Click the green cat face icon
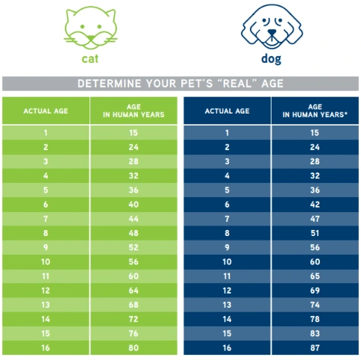(x=90, y=28)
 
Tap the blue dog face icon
(x=271, y=27)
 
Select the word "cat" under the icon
(x=90, y=59)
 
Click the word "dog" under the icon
(x=271, y=59)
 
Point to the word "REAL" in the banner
(x=237, y=84)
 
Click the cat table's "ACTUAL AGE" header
(x=45, y=111)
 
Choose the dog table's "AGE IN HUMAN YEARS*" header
(x=315, y=111)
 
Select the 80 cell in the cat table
(x=134, y=348)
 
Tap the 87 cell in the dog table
(x=315, y=348)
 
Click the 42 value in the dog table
(x=315, y=205)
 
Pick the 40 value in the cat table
(x=134, y=205)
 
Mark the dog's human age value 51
(x=315, y=233)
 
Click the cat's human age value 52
(x=134, y=247)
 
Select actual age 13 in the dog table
(x=227, y=305)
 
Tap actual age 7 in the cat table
(x=45, y=219)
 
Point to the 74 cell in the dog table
(x=315, y=305)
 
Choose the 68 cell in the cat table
(x=134, y=305)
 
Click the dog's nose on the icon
(x=272, y=33)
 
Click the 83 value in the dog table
(x=315, y=333)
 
